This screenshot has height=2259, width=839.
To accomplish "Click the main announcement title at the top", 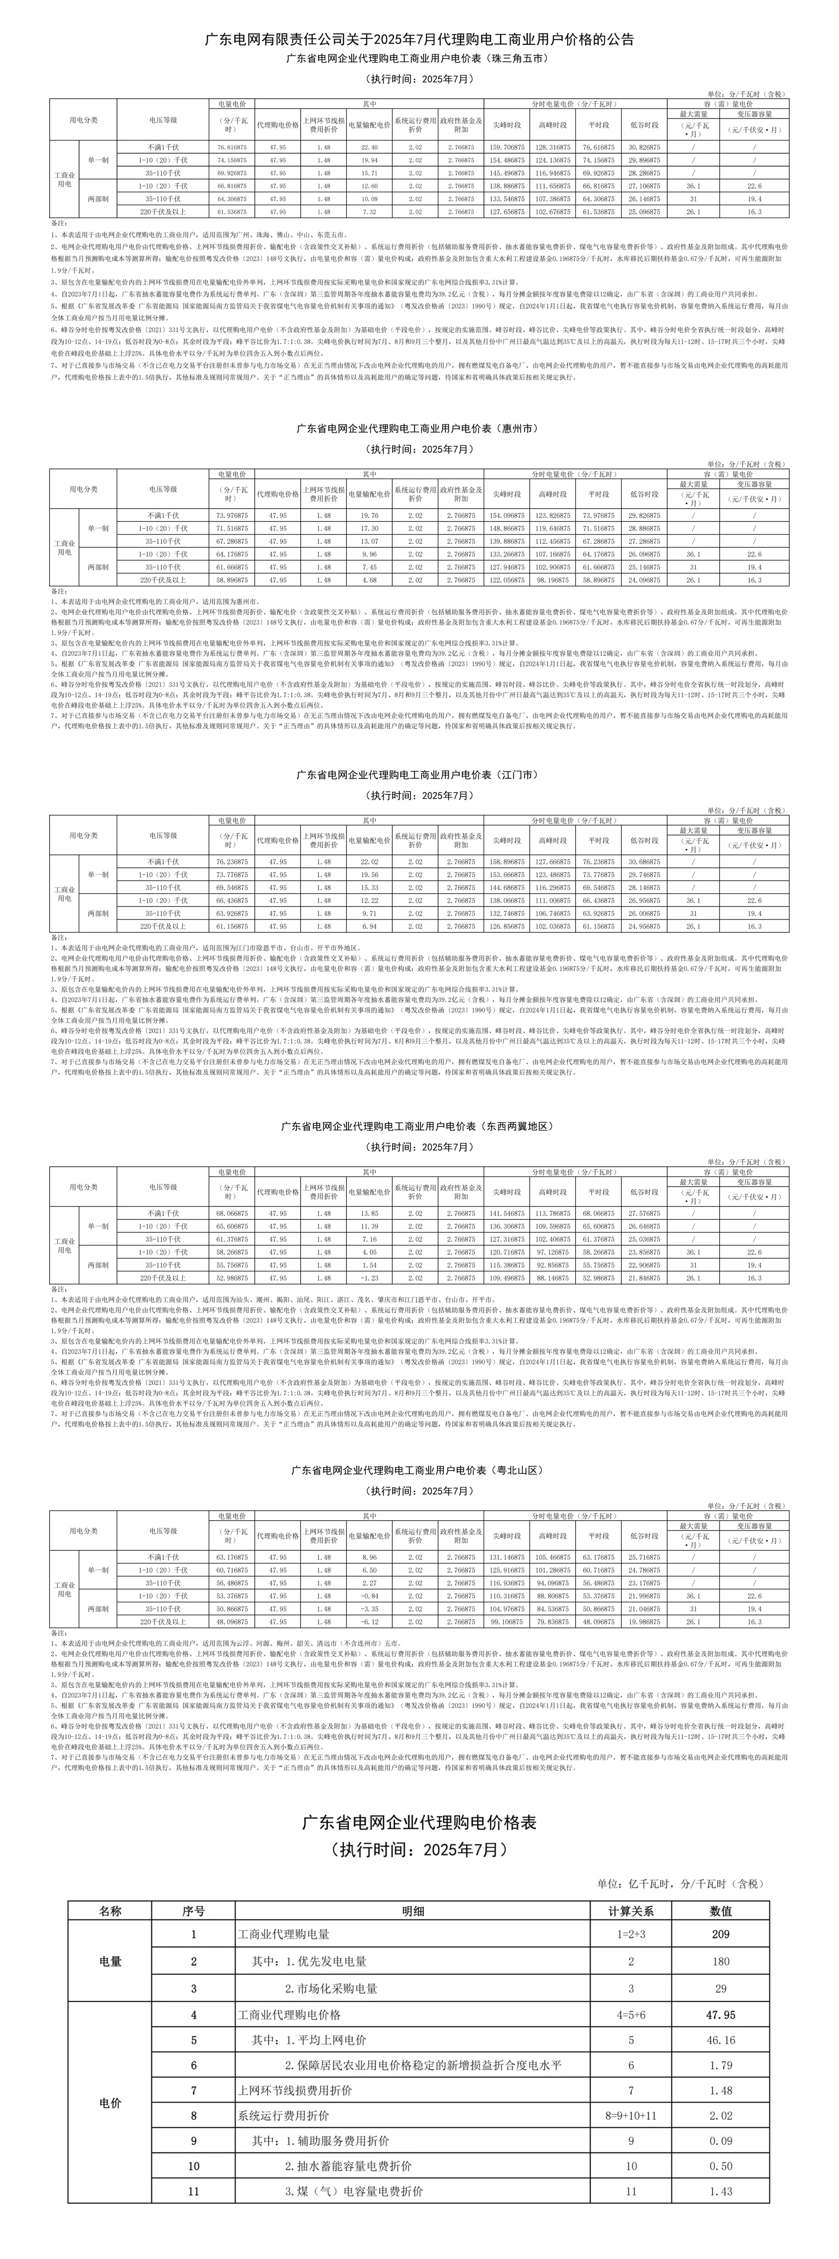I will (x=419, y=39).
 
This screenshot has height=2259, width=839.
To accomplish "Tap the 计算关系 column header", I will (x=631, y=1911).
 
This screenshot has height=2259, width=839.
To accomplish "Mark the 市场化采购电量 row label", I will (x=331, y=1989).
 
